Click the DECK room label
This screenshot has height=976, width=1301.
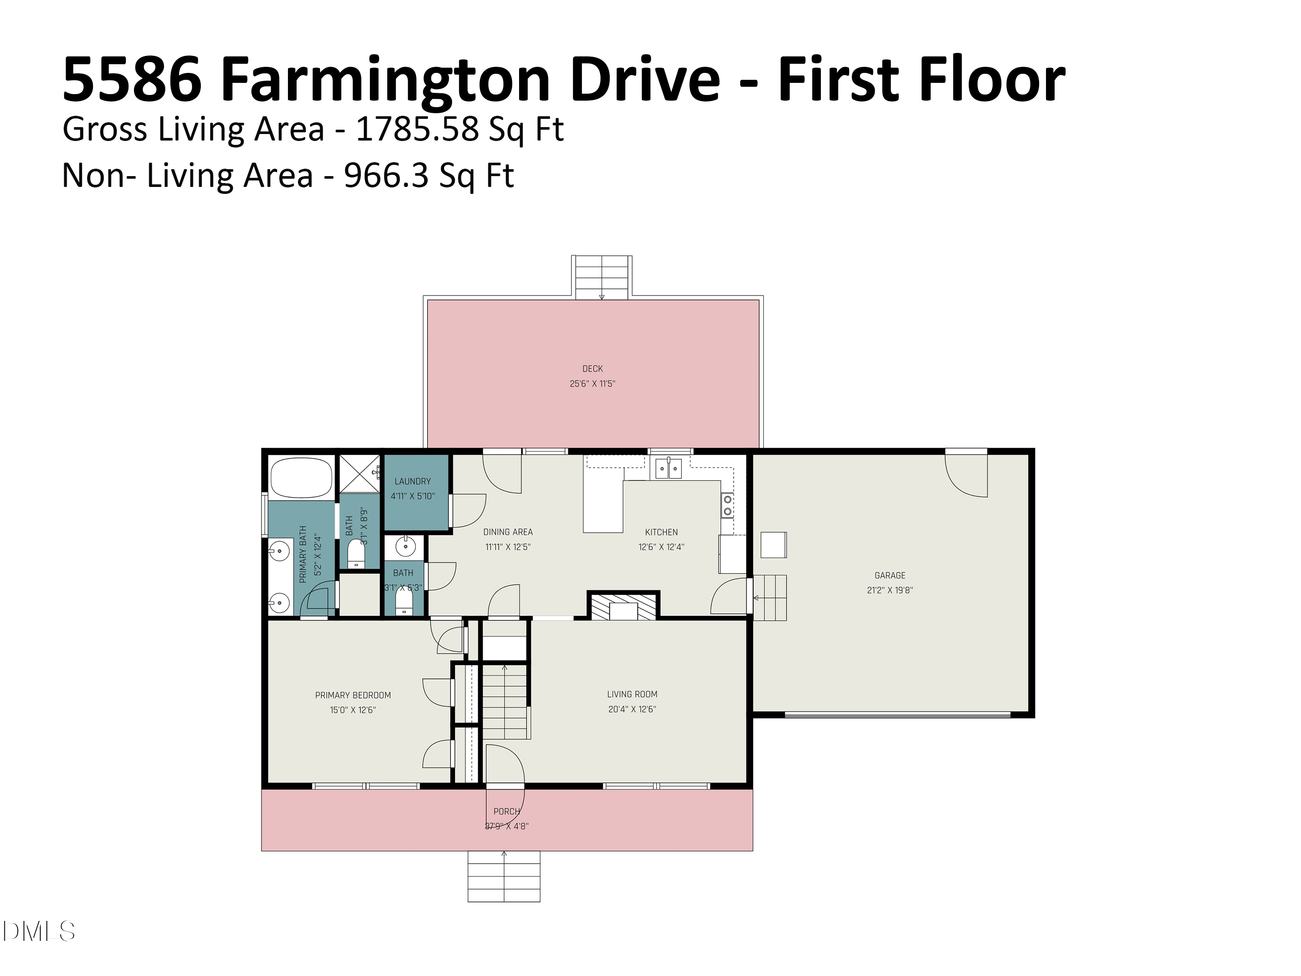(x=592, y=369)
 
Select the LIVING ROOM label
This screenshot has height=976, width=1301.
(x=632, y=694)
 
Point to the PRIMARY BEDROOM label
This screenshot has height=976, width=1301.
(x=353, y=695)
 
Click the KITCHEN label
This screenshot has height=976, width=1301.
(x=661, y=532)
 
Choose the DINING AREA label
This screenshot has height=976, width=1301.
(x=507, y=532)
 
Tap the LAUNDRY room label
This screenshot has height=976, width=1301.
(x=412, y=481)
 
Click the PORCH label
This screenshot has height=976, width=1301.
(x=507, y=811)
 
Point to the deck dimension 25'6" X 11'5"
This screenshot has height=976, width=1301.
(x=592, y=383)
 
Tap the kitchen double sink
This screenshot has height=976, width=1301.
(x=669, y=469)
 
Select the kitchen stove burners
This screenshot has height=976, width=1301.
(x=728, y=505)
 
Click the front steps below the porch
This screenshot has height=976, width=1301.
(x=503, y=876)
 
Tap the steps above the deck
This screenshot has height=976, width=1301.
(x=601, y=278)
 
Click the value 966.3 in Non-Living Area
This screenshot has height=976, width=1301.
(x=386, y=175)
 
